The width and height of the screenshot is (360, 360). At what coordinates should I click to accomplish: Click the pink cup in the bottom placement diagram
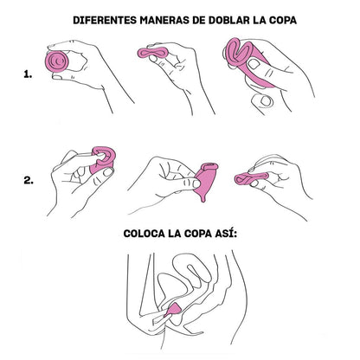pos(172,309)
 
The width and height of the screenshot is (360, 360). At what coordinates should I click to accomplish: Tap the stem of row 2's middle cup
pos(201,197)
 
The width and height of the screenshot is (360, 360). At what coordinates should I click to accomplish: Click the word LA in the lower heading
pos(180,235)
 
